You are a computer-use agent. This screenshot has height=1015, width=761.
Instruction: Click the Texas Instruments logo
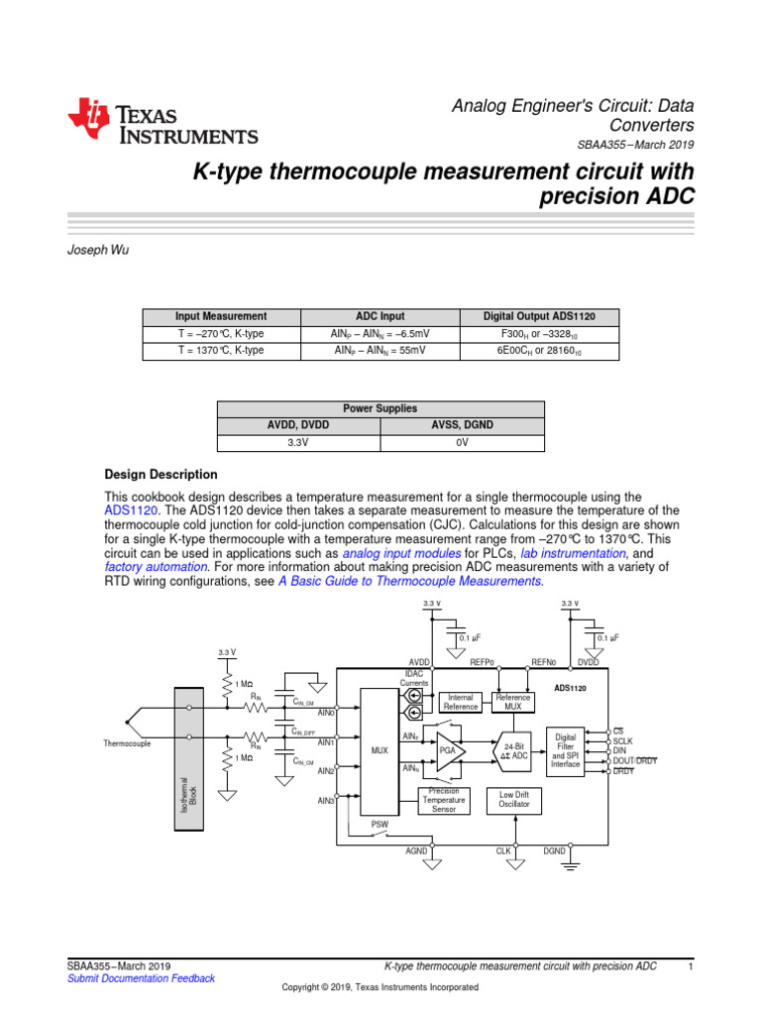tap(163, 123)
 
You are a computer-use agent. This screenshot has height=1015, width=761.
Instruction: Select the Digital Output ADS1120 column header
tap(539, 316)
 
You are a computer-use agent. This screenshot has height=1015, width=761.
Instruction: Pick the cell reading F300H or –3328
tap(539, 334)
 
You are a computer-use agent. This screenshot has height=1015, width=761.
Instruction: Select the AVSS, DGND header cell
tap(461, 426)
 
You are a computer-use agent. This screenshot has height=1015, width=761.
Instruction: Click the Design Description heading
tap(161, 475)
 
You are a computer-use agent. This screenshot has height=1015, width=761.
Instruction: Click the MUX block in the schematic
tap(380, 751)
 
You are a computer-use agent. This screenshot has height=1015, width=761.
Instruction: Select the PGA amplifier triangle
tap(450, 751)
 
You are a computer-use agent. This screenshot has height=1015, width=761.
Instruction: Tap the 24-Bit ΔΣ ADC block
tap(513, 751)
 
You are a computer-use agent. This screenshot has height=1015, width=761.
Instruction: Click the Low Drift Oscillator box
tap(513, 800)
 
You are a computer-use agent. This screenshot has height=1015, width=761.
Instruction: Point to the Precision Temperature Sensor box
tap(443, 800)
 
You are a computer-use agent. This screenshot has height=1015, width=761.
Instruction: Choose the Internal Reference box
tap(461, 702)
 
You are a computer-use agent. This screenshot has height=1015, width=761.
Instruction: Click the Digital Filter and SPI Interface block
tap(565, 751)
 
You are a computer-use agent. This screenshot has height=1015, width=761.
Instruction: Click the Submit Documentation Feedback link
tap(140, 978)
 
